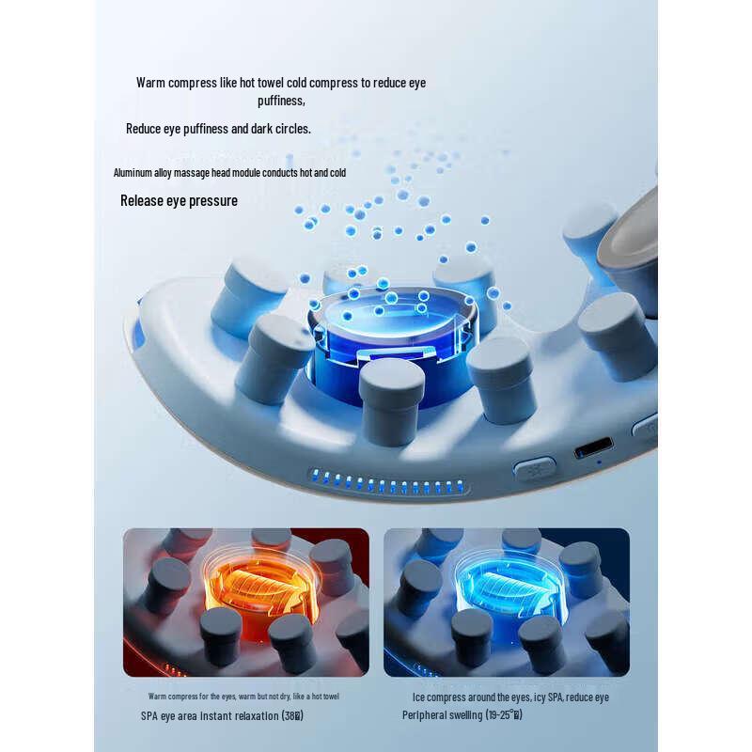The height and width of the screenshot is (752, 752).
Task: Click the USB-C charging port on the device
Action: pos(593,446)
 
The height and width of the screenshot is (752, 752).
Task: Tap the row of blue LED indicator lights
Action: pos(387,485)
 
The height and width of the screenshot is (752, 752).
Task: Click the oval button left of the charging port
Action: pos(535,469)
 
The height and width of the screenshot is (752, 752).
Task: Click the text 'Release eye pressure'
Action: pos(179,200)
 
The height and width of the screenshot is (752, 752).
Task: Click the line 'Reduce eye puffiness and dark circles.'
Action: pos(218,128)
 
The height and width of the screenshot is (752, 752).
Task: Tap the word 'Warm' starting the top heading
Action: pos(151,83)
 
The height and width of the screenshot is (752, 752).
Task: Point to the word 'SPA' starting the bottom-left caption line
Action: pos(150,715)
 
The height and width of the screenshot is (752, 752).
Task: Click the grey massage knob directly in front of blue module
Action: pos(391,399)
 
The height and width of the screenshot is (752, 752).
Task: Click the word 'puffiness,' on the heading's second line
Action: pos(281,101)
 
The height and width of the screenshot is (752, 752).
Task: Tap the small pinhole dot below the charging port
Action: pos(600,462)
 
